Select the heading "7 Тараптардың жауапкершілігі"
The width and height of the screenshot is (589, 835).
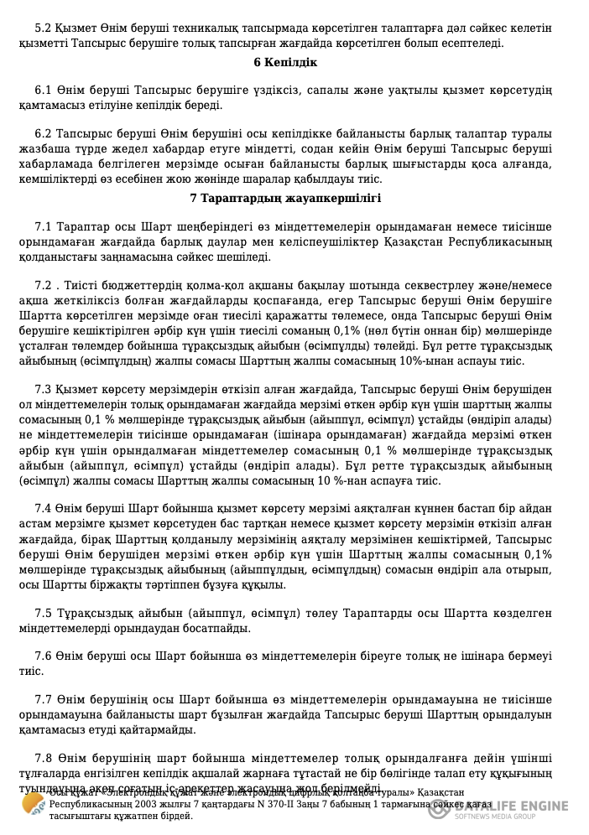coord(285,199)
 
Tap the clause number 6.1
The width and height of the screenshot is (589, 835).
coord(44,90)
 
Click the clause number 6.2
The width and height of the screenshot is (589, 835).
coord(44,135)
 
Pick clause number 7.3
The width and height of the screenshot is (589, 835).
coord(44,390)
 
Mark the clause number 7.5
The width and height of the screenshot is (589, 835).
coord(44,612)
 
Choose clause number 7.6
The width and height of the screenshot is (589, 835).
coord(44,657)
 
